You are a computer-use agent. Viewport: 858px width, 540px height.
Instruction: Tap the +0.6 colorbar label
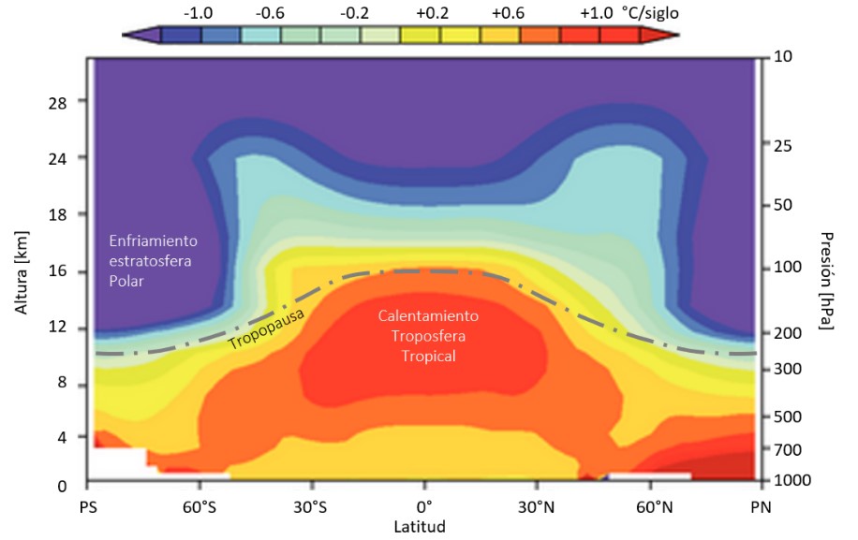coord(508,12)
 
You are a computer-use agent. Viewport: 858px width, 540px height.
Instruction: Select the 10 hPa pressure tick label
coord(784,58)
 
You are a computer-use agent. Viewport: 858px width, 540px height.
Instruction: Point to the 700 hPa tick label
coord(788,449)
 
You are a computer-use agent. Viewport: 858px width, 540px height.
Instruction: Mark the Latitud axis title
coord(424,527)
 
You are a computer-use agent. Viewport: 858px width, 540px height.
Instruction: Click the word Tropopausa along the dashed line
coord(259,332)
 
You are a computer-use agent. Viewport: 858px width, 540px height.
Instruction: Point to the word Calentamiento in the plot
coord(428,316)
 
